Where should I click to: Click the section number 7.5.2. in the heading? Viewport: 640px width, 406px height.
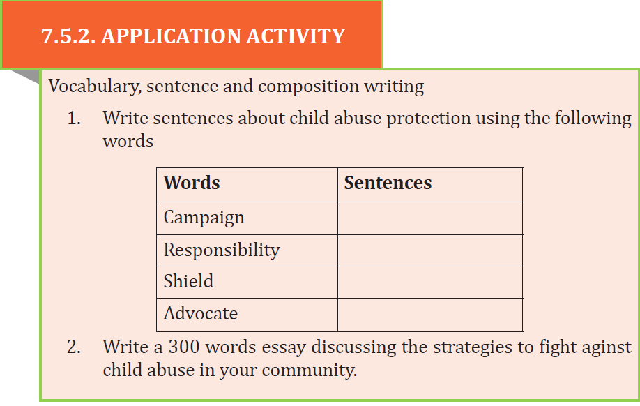[68, 36]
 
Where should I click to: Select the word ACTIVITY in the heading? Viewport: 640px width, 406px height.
[296, 36]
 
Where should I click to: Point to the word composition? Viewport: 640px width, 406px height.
[308, 87]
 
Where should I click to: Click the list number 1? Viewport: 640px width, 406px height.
[74, 119]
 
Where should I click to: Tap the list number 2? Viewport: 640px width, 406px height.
[74, 347]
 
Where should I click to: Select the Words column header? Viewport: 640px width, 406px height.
[192, 183]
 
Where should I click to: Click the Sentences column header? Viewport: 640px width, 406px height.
[388, 183]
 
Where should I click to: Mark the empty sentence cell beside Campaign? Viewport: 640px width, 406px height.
[430, 218]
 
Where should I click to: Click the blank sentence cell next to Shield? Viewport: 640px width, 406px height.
[430, 283]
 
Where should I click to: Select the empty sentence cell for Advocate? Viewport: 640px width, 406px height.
[430, 315]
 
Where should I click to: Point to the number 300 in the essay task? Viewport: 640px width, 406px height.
[184, 347]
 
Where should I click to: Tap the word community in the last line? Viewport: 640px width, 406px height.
[309, 371]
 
